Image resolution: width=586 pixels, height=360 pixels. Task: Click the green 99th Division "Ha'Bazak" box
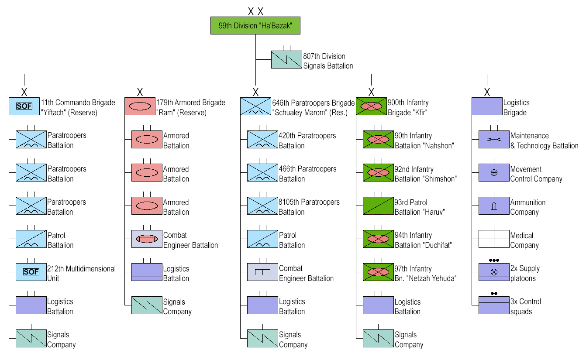tap(255, 26)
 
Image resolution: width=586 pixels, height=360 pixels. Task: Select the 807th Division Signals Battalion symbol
tap(286, 60)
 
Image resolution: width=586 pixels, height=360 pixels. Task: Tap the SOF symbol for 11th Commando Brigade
tap(24, 106)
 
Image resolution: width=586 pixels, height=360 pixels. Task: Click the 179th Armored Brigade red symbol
tap(140, 106)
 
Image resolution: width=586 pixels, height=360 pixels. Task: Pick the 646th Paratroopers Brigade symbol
tap(256, 106)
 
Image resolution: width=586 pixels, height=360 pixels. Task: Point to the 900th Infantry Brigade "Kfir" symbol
tap(372, 106)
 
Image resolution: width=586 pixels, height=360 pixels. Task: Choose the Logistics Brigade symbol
tap(487, 106)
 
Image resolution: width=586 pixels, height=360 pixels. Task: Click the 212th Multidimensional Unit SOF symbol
tap(31, 272)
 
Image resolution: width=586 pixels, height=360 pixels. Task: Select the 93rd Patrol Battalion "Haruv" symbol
tap(378, 206)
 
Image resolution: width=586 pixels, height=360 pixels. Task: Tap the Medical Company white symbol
tap(494, 239)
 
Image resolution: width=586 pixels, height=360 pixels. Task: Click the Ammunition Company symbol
tap(494, 206)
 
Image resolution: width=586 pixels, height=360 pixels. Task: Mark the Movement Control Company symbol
tap(494, 172)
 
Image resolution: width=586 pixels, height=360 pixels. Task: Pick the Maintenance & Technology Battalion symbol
tap(494, 139)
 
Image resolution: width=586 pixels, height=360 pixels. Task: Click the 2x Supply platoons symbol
tap(494, 272)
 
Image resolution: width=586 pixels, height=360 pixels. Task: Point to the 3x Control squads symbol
tap(494, 305)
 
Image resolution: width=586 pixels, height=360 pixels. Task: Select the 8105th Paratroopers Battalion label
tap(309, 207)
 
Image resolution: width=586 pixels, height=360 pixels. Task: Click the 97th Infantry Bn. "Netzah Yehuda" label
tap(425, 274)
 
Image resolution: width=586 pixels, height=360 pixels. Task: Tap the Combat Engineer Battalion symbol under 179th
tap(147, 239)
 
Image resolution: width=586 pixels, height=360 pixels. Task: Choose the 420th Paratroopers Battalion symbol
tap(262, 139)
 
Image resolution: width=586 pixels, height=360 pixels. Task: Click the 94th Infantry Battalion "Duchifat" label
tap(423, 240)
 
